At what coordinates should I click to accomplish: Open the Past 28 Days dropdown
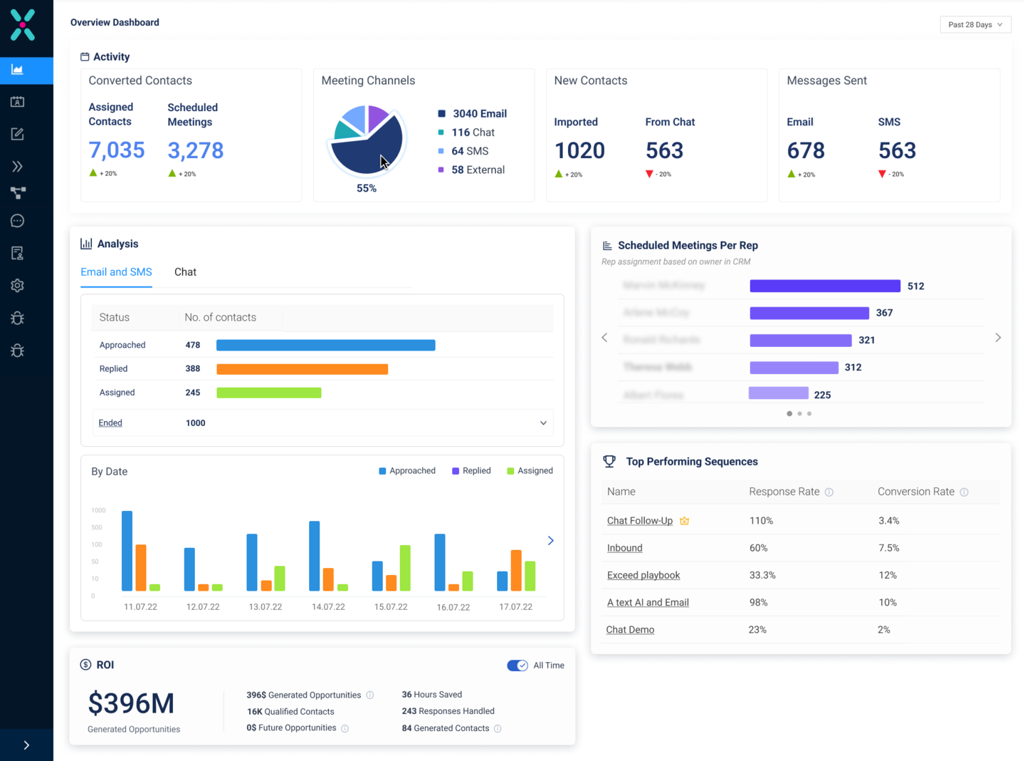click(975, 24)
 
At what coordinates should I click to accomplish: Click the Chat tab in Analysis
click(185, 272)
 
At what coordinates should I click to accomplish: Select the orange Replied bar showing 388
click(302, 369)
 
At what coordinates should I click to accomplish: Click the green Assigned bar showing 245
click(268, 393)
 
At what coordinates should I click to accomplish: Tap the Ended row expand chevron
click(543, 423)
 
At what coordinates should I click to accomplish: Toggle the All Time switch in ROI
click(517, 666)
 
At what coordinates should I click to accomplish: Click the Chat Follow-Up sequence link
click(639, 521)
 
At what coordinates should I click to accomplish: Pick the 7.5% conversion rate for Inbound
click(888, 548)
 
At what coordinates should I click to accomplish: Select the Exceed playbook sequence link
click(643, 575)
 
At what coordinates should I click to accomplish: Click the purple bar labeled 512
click(824, 286)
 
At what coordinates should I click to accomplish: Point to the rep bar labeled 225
click(778, 393)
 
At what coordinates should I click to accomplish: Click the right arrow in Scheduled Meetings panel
click(997, 338)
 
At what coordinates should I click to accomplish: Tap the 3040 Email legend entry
click(479, 114)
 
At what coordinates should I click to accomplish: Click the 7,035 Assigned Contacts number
click(117, 150)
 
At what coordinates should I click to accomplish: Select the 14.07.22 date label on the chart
click(328, 607)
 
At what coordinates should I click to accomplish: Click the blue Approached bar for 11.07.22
click(127, 551)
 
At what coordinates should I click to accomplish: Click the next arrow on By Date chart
click(550, 541)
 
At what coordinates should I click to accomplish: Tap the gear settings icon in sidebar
click(18, 286)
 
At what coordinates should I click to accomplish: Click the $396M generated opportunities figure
click(131, 703)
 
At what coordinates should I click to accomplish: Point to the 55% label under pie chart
click(367, 189)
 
